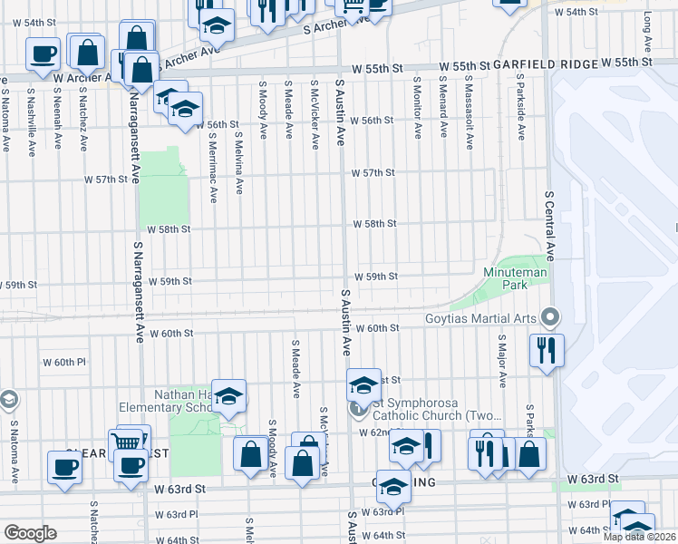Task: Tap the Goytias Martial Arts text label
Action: (x=480, y=319)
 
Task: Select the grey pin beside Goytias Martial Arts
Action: (x=548, y=317)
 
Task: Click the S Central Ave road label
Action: (x=549, y=226)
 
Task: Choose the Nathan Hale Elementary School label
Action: (x=185, y=402)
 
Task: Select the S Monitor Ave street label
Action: (x=418, y=106)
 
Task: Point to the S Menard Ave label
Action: (x=443, y=106)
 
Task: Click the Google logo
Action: (x=30, y=532)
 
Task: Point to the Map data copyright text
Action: (x=639, y=537)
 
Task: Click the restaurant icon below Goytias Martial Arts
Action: (x=547, y=349)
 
